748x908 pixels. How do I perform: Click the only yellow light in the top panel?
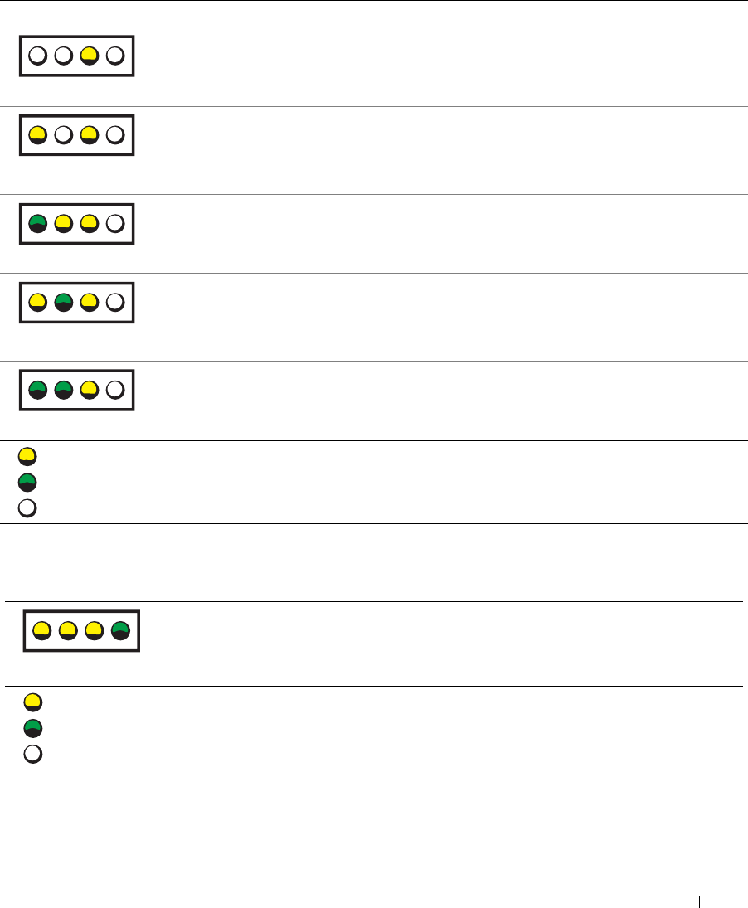(90, 56)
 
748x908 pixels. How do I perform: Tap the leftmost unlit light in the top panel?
(37, 56)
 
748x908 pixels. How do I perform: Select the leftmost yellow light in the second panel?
(37, 135)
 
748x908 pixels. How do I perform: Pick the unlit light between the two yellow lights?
(64, 135)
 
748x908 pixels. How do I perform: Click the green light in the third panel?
(37, 223)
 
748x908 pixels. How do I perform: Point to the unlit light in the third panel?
(115, 223)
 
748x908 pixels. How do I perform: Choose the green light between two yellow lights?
(64, 302)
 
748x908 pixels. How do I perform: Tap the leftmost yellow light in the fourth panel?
(37, 302)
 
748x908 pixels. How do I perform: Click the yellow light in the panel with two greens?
(90, 390)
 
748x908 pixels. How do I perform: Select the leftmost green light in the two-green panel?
(37, 390)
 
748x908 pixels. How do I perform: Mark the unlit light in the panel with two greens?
(115, 390)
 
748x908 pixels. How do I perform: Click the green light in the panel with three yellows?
(121, 632)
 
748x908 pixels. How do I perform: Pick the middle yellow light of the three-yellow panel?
(68, 632)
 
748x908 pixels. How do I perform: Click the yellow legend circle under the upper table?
(27, 456)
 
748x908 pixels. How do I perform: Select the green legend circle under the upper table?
(27, 482)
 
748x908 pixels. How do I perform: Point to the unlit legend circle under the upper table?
(27, 507)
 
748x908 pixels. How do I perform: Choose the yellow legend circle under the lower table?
(33, 703)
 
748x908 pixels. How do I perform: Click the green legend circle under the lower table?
(33, 729)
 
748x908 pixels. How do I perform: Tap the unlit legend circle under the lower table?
(33, 755)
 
